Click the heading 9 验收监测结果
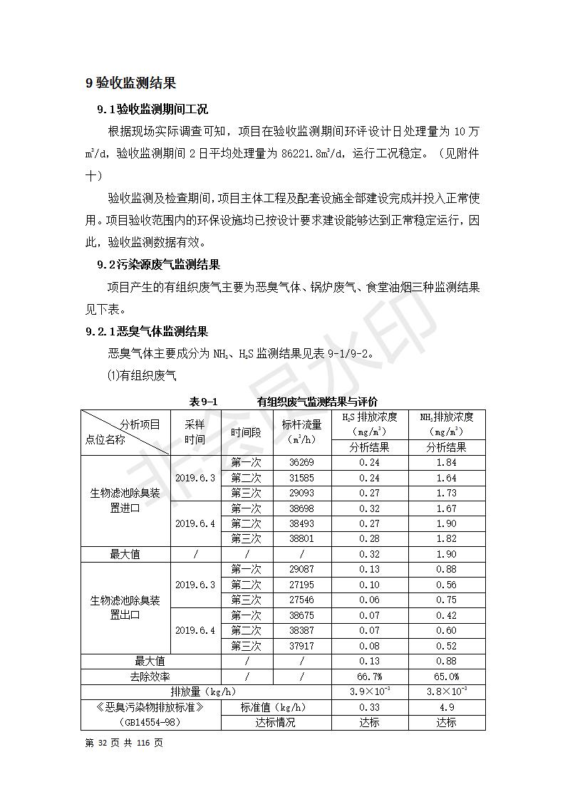click(130, 83)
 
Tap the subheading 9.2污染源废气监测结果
click(158, 265)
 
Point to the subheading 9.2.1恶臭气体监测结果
click(147, 331)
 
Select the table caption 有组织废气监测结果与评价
click(318, 402)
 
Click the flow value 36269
click(301, 462)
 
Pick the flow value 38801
click(301, 539)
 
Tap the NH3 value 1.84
click(446, 462)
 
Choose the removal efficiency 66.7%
click(369, 677)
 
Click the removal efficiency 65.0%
click(447, 677)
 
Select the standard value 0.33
click(369, 707)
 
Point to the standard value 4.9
click(447, 707)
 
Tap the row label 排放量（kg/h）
click(204, 691)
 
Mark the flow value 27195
click(301, 585)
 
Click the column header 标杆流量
click(301, 424)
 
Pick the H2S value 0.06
click(369, 600)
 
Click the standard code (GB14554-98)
click(150, 722)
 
